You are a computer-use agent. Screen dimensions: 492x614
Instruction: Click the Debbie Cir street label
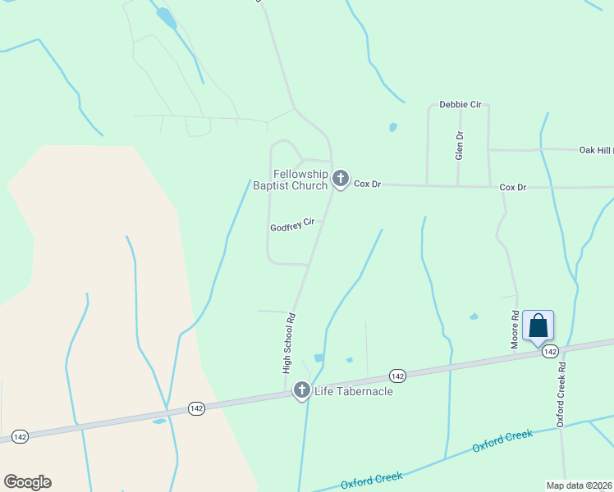click(x=460, y=105)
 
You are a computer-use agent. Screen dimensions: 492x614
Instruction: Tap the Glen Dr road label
click(x=460, y=147)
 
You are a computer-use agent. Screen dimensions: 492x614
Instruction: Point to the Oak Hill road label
click(x=596, y=150)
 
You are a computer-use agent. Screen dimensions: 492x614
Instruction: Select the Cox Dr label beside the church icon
click(x=368, y=184)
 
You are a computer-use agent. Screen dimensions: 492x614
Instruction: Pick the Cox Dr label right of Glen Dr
click(x=513, y=188)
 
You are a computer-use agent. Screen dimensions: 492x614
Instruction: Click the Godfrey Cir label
click(x=292, y=223)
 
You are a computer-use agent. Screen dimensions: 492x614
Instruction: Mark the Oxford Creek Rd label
click(x=561, y=396)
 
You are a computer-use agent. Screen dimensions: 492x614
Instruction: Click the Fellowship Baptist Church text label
click(x=290, y=180)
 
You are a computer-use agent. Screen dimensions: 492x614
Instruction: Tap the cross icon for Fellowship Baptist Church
click(x=341, y=178)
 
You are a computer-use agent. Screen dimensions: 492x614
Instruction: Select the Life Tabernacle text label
click(x=354, y=391)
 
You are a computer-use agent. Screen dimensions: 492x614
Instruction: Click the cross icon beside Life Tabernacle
click(x=301, y=391)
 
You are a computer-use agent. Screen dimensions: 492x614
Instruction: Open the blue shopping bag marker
click(x=538, y=326)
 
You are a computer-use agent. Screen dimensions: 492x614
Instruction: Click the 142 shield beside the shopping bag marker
click(x=550, y=351)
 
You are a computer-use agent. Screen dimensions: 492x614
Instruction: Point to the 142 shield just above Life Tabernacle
click(x=397, y=376)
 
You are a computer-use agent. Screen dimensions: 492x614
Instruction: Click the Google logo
click(x=27, y=482)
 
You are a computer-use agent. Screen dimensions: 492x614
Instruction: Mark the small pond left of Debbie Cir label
click(x=393, y=127)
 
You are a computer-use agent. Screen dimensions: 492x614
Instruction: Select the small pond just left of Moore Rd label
click(x=474, y=317)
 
